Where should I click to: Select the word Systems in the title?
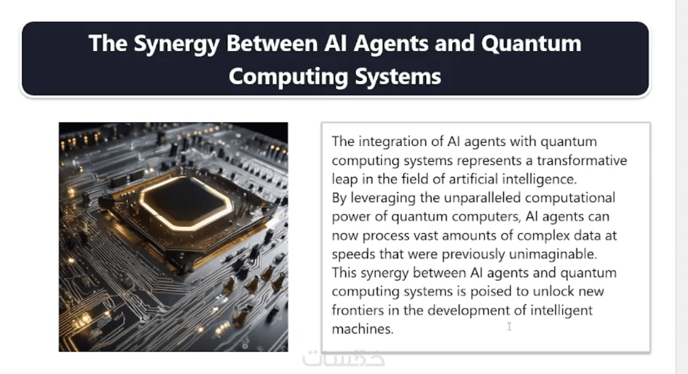tap(398, 77)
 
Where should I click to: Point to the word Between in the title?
tap(272, 44)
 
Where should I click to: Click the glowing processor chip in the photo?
tap(185, 203)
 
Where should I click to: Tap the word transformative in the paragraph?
tap(582, 160)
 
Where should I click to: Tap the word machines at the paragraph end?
tap(362, 329)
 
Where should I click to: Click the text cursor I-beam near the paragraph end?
tap(509, 326)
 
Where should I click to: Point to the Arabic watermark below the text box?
tap(344, 358)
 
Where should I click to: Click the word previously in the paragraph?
tap(473, 254)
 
